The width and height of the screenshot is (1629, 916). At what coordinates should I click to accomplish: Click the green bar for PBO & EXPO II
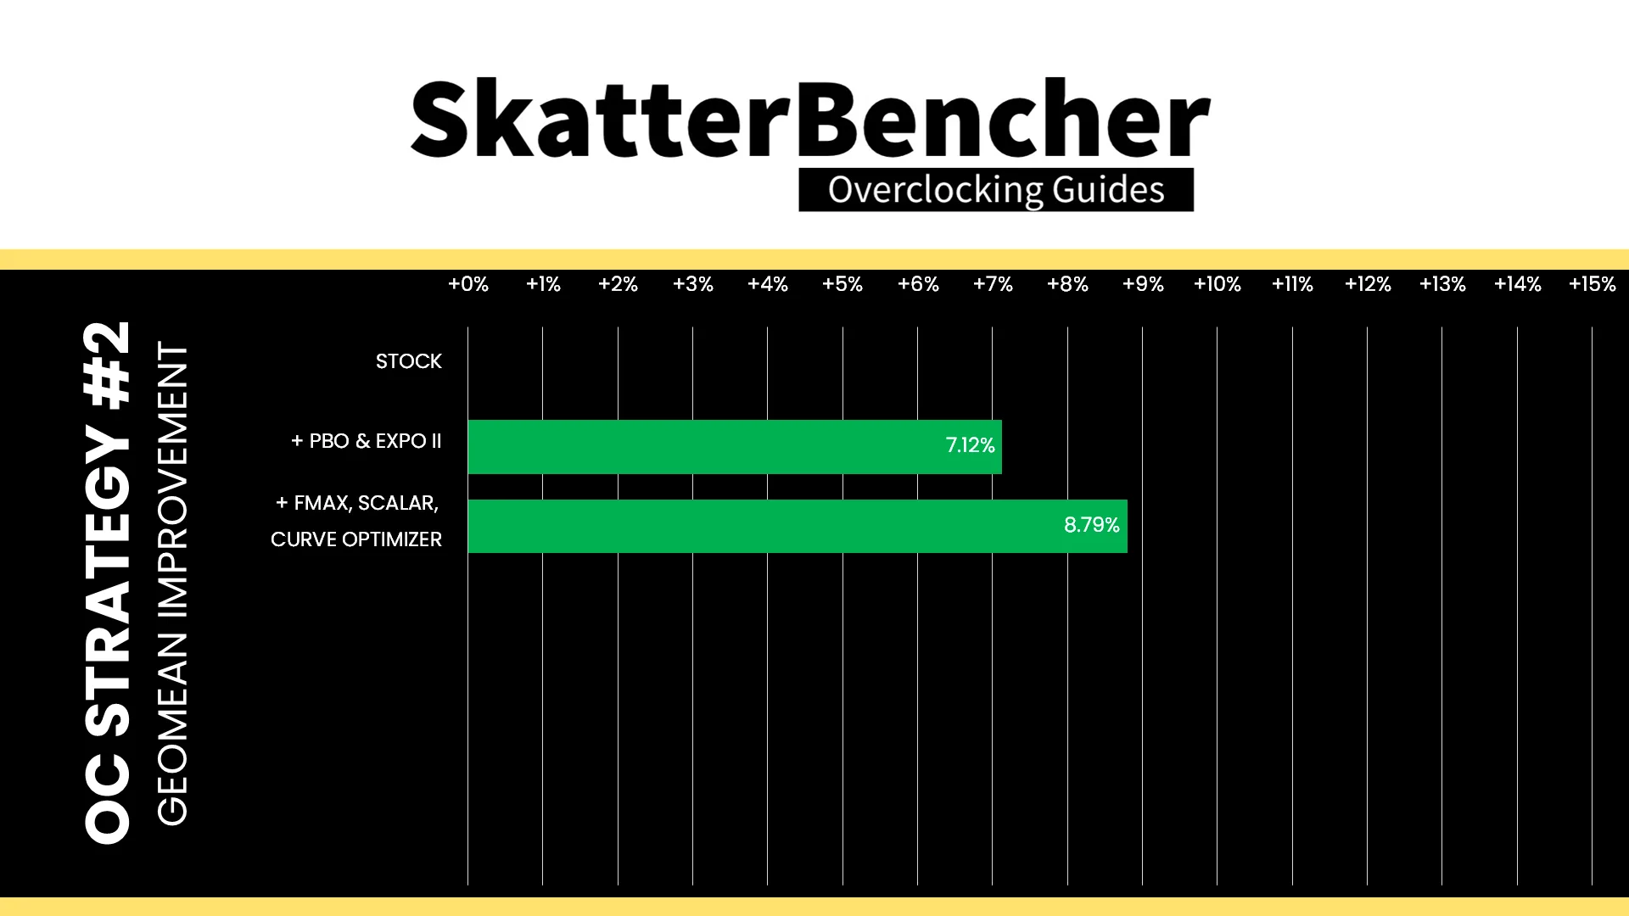point(735,447)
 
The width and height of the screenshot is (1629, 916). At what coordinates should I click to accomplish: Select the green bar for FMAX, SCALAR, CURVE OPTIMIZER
point(798,527)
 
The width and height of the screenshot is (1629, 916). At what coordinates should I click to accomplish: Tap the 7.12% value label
point(970,445)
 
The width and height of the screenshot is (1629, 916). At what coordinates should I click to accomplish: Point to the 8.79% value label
point(1092,525)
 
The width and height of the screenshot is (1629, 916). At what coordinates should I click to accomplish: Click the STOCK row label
point(409,361)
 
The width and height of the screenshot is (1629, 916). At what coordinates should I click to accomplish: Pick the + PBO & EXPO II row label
point(367,441)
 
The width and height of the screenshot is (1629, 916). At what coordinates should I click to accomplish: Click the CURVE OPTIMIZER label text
point(356,539)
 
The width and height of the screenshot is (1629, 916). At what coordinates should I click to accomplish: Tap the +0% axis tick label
point(468,284)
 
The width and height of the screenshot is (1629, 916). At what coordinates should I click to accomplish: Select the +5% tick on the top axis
point(842,284)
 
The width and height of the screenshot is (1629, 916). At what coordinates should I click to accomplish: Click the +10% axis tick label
point(1218,284)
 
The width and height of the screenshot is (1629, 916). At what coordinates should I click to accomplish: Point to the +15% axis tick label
point(1593,284)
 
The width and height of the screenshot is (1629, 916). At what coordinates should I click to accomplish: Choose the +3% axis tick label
point(693,284)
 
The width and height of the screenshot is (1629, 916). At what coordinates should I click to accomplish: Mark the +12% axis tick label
point(1368,284)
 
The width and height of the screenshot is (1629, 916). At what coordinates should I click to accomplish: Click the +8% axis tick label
point(1067,284)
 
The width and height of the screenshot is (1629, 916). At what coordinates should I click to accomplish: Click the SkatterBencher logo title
point(810,119)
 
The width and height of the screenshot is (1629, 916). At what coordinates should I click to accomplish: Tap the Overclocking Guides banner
point(996,190)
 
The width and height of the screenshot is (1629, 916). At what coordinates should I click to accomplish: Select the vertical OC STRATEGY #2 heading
point(108,582)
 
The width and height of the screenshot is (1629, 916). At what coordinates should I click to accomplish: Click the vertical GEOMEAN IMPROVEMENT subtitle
point(172,584)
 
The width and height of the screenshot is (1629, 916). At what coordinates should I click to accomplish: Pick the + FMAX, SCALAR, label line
point(357,503)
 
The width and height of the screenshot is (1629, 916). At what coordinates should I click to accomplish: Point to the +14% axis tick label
point(1518,284)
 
